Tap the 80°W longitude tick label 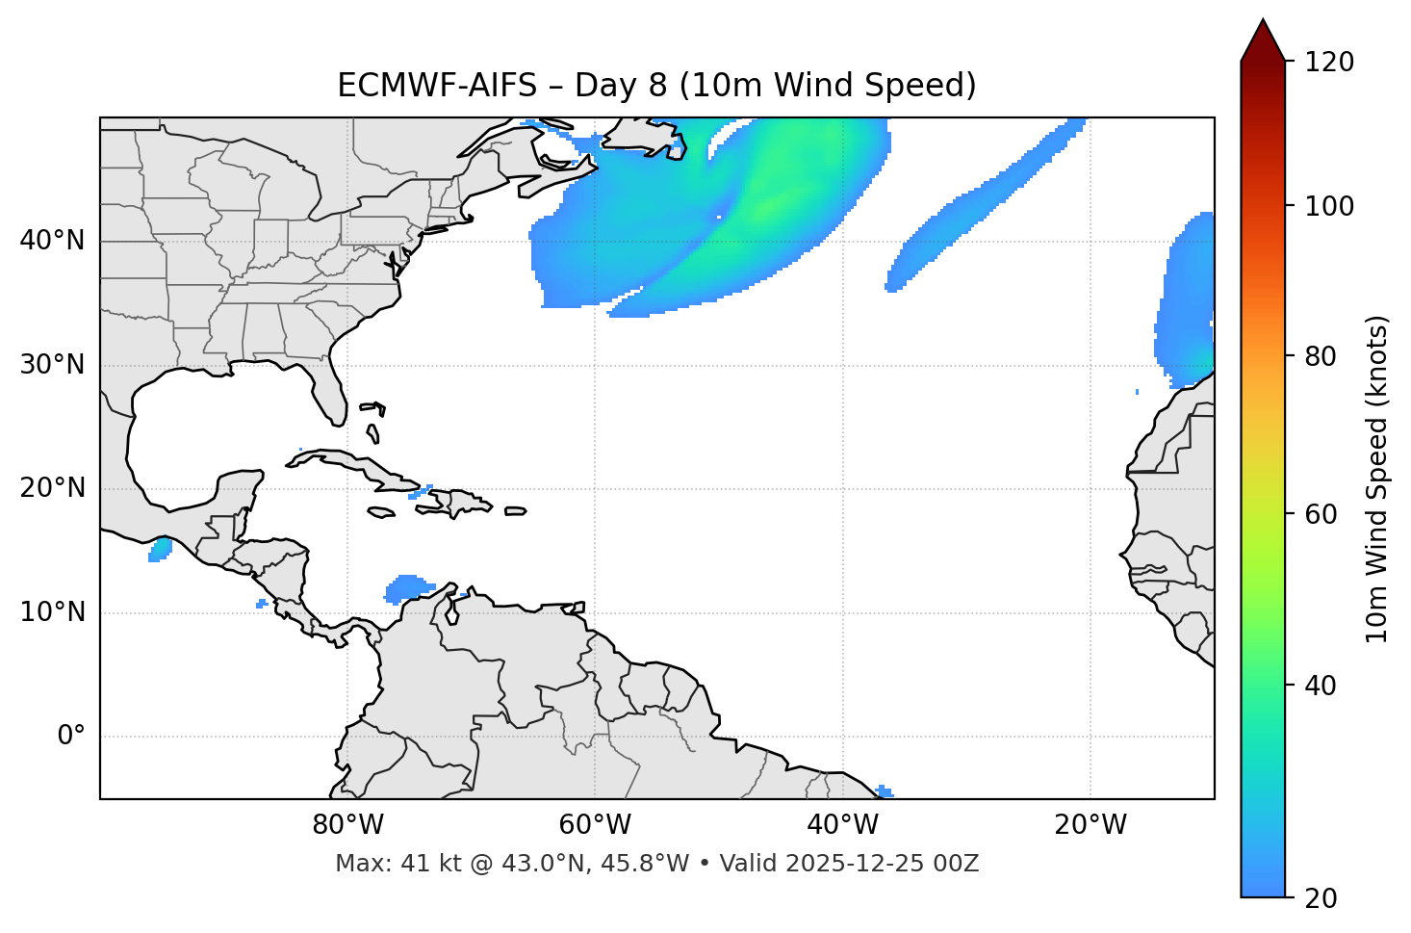pyautogui.click(x=347, y=825)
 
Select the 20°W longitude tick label pyautogui.click(x=1090, y=825)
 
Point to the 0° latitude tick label pyautogui.click(x=71, y=737)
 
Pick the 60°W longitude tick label pyautogui.click(x=595, y=825)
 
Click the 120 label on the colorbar pyautogui.click(x=1329, y=63)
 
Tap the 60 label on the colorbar pyautogui.click(x=1321, y=514)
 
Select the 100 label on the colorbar pyautogui.click(x=1329, y=206)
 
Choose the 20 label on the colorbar pyautogui.click(x=1321, y=898)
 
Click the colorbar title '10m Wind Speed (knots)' pyautogui.click(x=1377, y=479)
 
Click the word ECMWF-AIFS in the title pyautogui.click(x=437, y=86)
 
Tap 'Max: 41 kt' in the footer pyautogui.click(x=397, y=864)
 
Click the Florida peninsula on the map pyautogui.click(x=327, y=390)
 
